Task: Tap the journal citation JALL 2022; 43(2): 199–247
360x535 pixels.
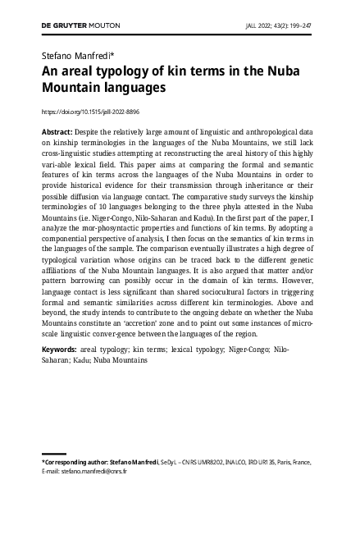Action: [x=278, y=25]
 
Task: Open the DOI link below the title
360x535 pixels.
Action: [x=89, y=111]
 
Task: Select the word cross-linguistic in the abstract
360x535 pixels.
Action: [x=71, y=153]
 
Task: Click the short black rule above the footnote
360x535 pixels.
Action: [x=53, y=454]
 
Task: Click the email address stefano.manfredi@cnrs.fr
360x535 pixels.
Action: [x=95, y=473]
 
